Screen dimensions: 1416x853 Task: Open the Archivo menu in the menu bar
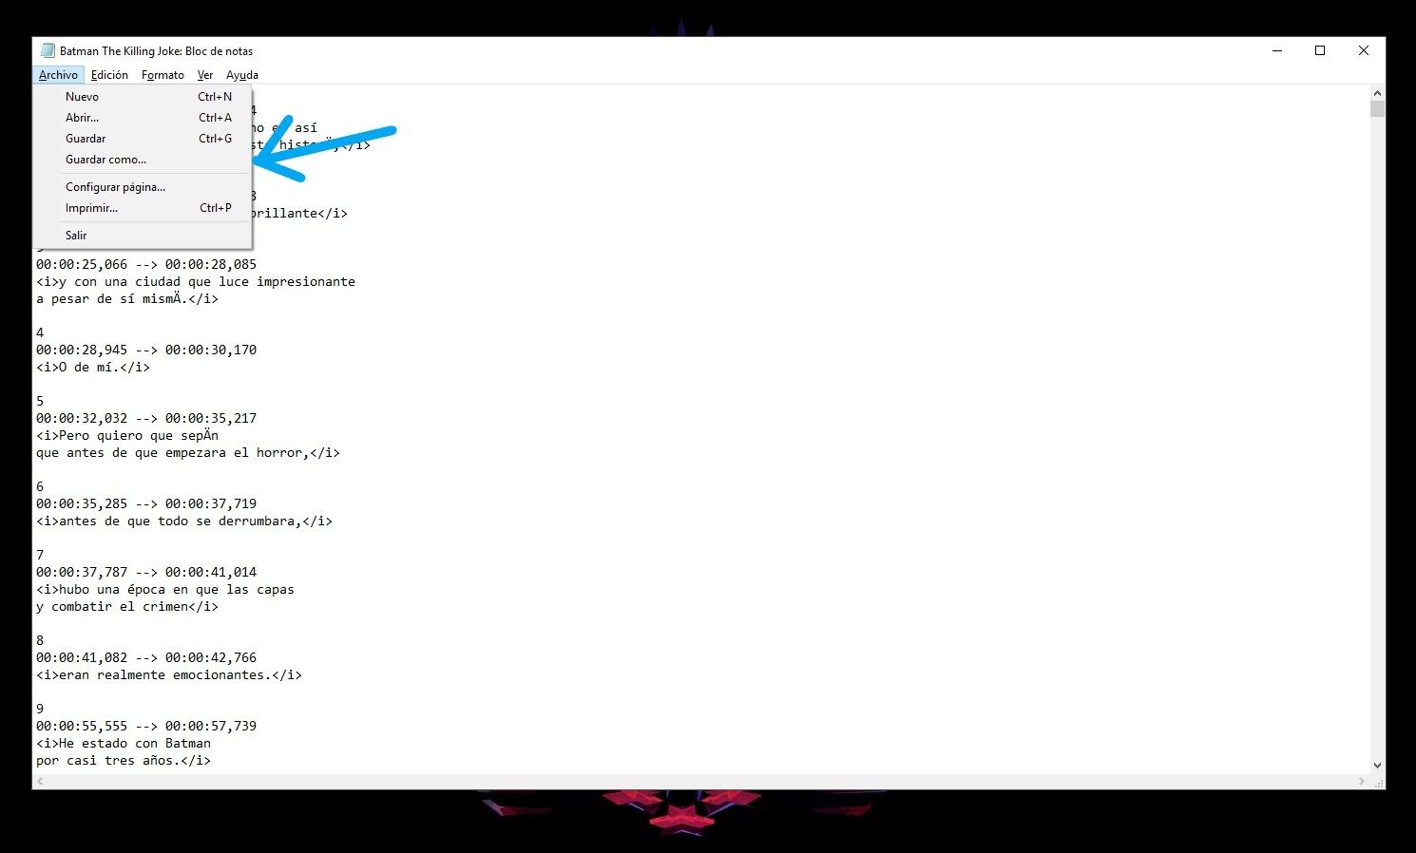(58, 75)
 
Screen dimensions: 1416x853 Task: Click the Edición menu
(109, 75)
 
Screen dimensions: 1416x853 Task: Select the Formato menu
(163, 75)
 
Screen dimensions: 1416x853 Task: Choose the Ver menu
(205, 75)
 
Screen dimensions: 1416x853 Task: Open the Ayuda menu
(242, 75)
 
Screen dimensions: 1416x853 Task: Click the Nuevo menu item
(82, 97)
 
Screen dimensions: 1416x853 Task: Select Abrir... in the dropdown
(82, 118)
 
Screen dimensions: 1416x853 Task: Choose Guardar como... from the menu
(105, 160)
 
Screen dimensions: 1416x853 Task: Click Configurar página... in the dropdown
(115, 187)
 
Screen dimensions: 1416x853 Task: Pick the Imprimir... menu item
(91, 208)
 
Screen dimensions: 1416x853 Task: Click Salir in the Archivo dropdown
(76, 235)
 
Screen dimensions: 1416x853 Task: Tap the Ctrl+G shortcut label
(215, 139)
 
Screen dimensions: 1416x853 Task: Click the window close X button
(1364, 50)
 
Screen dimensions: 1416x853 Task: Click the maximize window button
(1320, 50)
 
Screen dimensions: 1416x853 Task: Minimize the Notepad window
(1277, 50)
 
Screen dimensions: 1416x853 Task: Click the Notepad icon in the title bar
(48, 50)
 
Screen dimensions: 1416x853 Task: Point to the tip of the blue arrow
(254, 161)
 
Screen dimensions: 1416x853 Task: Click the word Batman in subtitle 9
(188, 743)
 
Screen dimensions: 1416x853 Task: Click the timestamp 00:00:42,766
(211, 657)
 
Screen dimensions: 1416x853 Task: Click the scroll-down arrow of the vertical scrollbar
(1377, 766)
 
